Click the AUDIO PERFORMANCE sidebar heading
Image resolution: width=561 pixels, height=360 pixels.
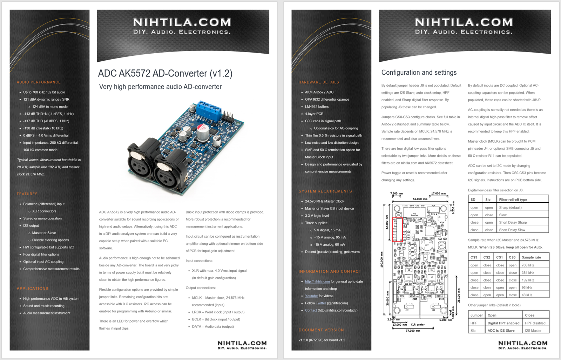[39, 82]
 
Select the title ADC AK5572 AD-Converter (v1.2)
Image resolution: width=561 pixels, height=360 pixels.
[165, 73]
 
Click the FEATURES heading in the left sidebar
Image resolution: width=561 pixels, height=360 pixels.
[27, 194]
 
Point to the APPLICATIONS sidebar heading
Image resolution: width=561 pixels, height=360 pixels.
[32, 288]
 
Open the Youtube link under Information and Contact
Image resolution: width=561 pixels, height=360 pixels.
[311, 296]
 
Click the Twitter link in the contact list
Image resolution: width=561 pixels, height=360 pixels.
[320, 303]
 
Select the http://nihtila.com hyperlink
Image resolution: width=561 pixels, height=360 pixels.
[317, 281]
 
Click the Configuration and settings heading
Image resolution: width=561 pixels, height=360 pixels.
[419, 73]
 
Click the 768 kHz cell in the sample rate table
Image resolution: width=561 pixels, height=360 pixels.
[528, 265]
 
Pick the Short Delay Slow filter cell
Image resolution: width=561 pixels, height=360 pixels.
[512, 230]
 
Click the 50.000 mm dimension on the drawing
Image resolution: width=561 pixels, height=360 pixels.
[419, 199]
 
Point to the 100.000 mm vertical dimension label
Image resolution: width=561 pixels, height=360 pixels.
[382, 259]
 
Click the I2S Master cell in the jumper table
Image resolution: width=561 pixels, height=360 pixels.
[533, 331]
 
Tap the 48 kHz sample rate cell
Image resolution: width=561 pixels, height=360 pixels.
[527, 295]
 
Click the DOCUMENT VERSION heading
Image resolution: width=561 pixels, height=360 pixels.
[321, 330]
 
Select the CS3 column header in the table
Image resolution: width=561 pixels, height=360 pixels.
[474, 257]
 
